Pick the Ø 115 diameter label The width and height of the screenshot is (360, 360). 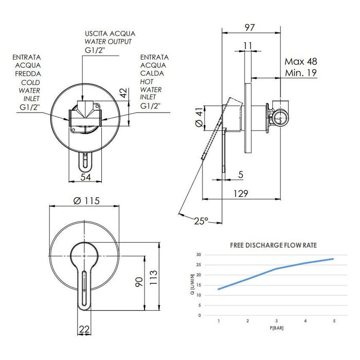tap(86, 200)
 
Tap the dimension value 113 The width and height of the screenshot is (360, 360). tap(152, 278)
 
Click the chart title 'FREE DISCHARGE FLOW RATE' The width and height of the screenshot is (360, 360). tap(273, 245)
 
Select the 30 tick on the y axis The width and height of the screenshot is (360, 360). tap(199, 255)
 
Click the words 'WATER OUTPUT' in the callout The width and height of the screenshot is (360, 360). tap(109, 42)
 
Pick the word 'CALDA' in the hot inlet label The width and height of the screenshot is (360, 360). tap(153, 74)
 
